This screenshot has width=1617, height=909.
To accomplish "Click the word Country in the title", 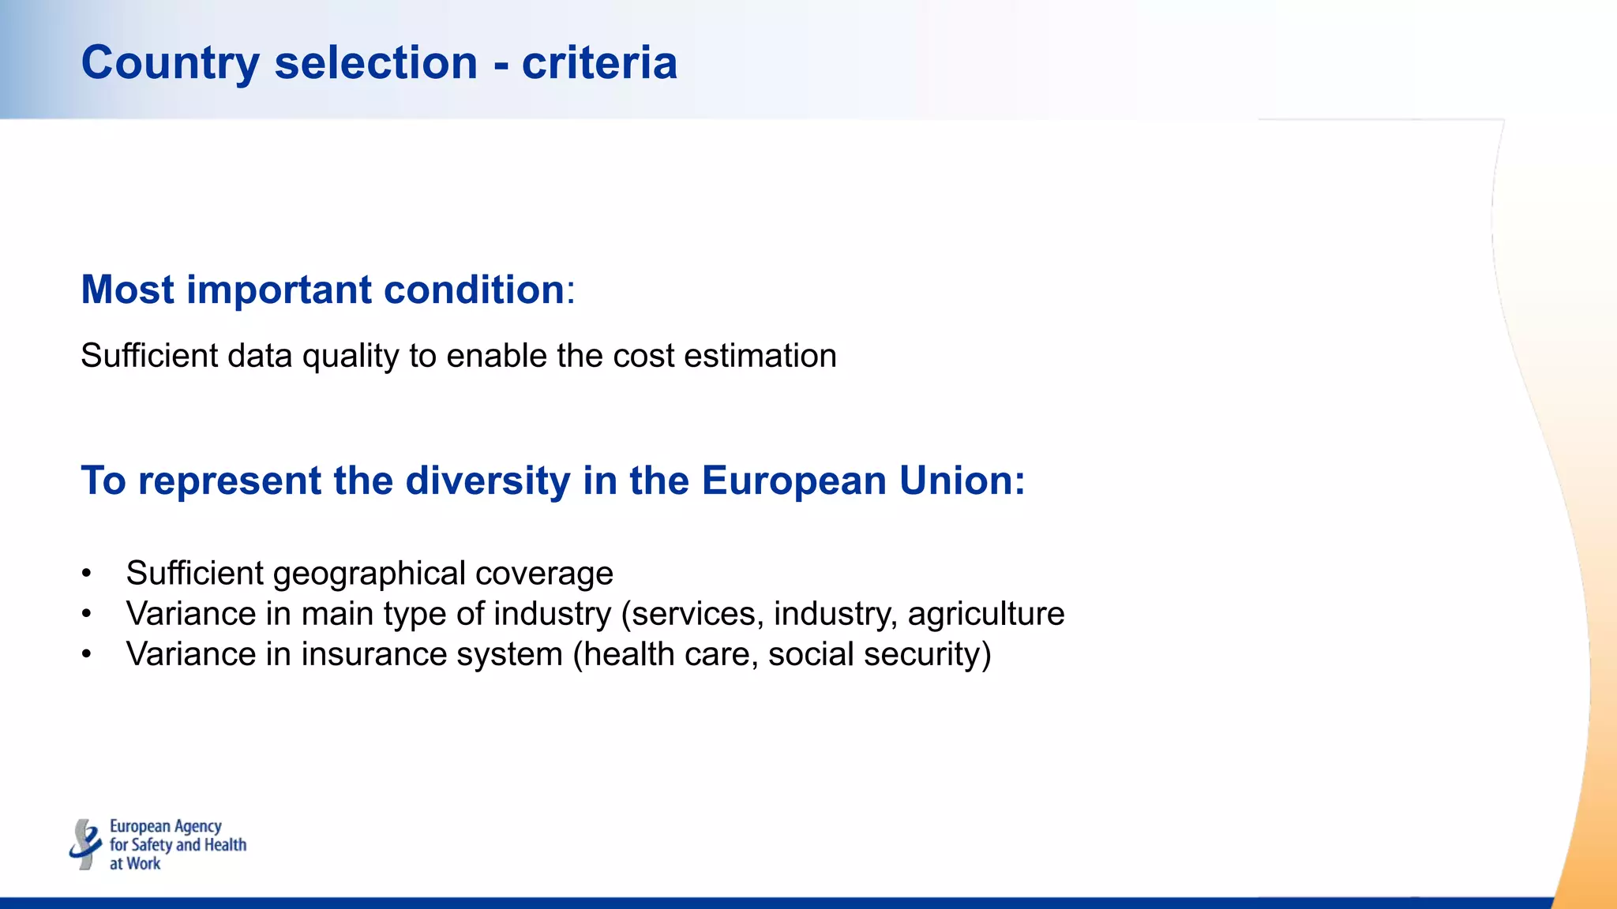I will [x=170, y=63].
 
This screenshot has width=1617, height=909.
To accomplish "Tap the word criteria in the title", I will [x=599, y=63].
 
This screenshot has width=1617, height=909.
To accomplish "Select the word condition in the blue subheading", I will [x=474, y=290].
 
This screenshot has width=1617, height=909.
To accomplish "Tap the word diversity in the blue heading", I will [x=487, y=481].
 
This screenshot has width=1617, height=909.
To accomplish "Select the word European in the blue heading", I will [x=793, y=481].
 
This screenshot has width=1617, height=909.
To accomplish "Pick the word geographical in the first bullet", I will [x=370, y=574].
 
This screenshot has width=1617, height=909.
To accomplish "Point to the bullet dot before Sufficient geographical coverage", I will [x=86, y=574].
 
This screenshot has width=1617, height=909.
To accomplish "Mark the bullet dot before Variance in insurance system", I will [x=86, y=655].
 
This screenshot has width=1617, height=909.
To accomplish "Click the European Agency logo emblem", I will [x=85, y=844].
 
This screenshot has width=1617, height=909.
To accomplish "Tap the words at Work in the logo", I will [x=135, y=864].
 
